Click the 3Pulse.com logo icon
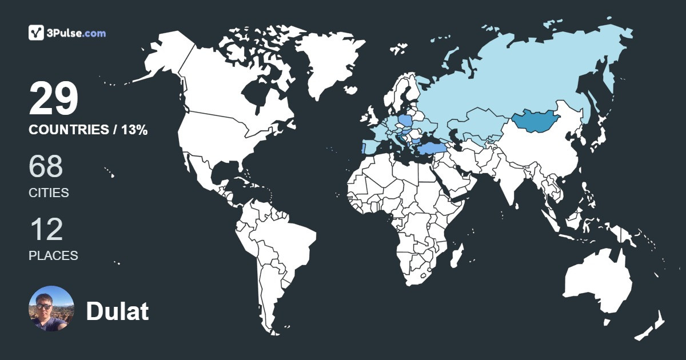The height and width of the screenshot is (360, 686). tap(37, 33)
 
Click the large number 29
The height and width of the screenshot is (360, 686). tap(53, 98)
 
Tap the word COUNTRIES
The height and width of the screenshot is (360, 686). tap(69, 130)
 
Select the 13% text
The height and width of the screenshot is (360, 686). tap(135, 130)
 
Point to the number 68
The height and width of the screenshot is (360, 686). tap(46, 166)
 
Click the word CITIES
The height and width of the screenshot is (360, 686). tap(49, 193)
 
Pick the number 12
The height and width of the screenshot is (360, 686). tap(46, 229)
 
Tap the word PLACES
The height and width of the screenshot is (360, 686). tap(53, 256)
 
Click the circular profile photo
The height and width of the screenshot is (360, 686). tap(51, 309)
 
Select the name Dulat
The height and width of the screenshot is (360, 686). tap(117, 311)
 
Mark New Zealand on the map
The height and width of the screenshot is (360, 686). tap(652, 326)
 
